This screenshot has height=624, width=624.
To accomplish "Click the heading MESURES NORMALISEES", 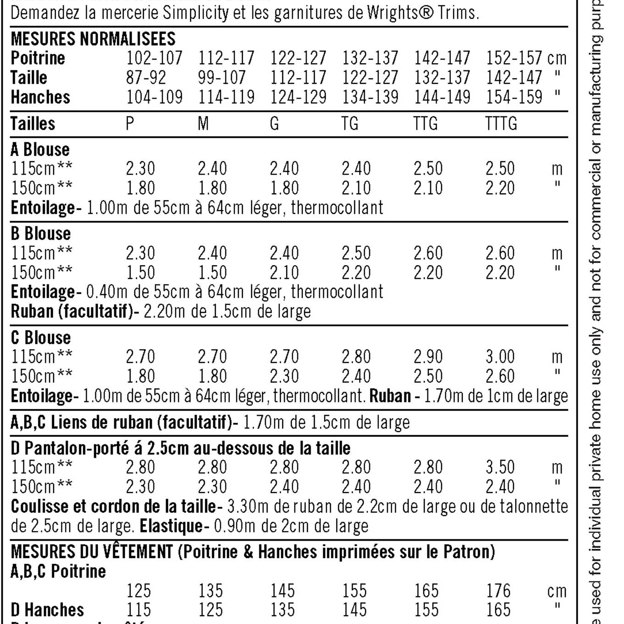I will pos(93,39).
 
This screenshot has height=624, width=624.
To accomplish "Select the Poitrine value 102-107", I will pos(154,58).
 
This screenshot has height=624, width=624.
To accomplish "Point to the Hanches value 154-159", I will pos(514,97).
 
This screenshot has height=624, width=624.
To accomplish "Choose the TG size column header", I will pos(350,124).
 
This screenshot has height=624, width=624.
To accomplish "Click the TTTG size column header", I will pos(501,124).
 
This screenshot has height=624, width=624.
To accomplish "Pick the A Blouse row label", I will pos(40,149).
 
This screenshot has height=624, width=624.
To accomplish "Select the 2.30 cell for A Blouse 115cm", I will pos(140,169).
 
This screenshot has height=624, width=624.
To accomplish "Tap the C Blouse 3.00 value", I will pos(500,356).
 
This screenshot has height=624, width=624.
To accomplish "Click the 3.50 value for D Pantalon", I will pos(500,467).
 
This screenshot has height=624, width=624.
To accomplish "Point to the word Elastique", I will pos(171,526).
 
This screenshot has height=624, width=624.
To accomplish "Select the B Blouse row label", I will pos(41,234).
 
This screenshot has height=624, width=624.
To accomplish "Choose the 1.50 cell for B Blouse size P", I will pos(140,273).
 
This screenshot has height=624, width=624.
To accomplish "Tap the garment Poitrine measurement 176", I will pos(498,591).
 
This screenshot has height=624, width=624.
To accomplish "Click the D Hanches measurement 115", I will pos(138,610).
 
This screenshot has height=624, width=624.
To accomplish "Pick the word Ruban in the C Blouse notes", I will pos(390,396).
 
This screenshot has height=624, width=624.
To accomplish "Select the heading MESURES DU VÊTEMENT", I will pos(92,552).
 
